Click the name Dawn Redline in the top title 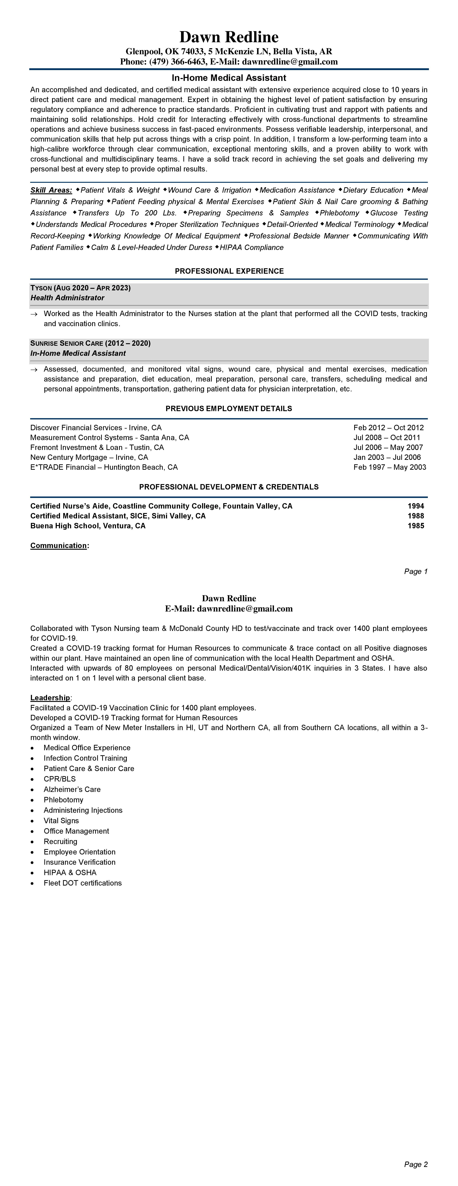tap(229, 37)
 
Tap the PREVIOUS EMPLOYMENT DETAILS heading tap(229, 408)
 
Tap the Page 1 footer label tap(416, 571)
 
